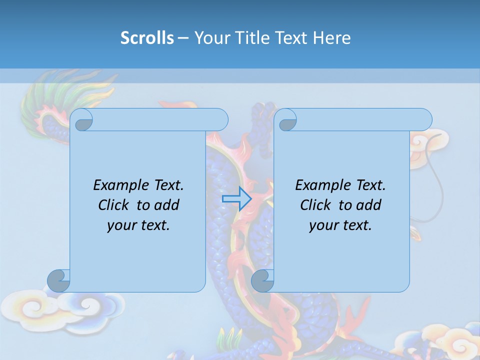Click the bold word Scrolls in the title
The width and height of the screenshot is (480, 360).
147,38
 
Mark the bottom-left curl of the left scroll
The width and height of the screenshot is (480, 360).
59,280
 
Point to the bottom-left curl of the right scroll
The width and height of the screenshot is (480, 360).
262,280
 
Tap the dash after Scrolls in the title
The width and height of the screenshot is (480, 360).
183,38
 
